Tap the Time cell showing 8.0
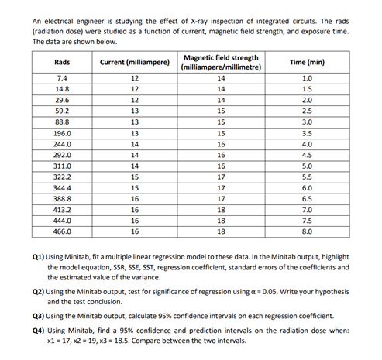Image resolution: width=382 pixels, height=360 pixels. [308, 231]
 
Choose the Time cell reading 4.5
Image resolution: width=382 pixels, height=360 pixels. [308, 155]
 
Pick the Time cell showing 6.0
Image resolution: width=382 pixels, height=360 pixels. [308, 187]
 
